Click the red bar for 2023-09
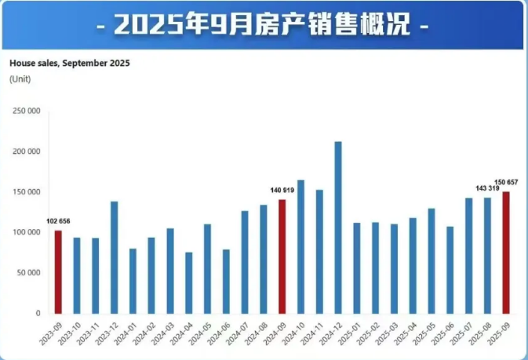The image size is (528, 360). [58, 271]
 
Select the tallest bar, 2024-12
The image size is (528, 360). [337, 227]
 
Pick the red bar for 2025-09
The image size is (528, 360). [506, 253]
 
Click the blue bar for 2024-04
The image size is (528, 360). [188, 282]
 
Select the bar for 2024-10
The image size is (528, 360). [300, 246]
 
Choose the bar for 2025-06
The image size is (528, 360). [450, 270]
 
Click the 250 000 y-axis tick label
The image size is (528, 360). [27, 111]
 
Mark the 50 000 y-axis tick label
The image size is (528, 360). [28, 273]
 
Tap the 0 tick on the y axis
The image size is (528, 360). [38, 313]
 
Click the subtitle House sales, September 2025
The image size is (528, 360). [69, 64]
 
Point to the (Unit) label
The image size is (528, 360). [19, 79]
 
